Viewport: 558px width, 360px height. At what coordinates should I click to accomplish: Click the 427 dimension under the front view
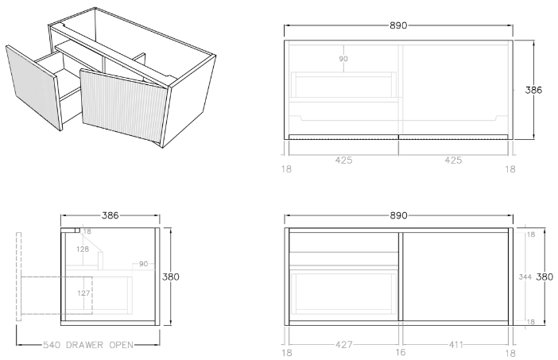[x=343, y=346]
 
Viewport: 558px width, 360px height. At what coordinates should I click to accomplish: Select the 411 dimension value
[x=455, y=346]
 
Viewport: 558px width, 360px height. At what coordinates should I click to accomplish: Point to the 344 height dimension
[x=524, y=277]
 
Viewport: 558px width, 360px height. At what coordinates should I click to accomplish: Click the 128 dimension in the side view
[x=83, y=249]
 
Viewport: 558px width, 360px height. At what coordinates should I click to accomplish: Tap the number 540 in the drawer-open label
[x=52, y=345]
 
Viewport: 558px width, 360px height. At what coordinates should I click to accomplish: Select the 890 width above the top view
[x=398, y=25]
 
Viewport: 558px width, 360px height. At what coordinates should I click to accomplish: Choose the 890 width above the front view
[x=398, y=215]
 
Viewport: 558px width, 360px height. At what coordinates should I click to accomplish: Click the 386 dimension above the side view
[x=111, y=215]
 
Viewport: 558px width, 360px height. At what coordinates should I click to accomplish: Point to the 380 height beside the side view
[x=171, y=277]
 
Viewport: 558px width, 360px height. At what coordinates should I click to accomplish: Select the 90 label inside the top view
[x=343, y=59]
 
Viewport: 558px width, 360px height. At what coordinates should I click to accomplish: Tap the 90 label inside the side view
[x=144, y=264]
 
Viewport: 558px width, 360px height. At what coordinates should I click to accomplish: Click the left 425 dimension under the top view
[x=343, y=160]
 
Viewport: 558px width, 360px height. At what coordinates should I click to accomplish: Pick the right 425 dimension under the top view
[x=453, y=160]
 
